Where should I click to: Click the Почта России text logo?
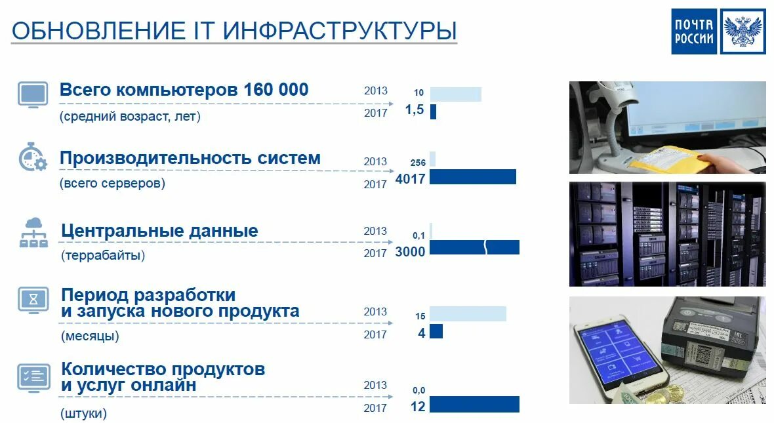[694, 31]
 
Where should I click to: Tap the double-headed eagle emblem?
[743, 31]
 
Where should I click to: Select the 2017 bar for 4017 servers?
[472, 177]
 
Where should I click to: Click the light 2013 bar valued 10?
[455, 94]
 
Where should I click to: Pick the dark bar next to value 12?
[474, 405]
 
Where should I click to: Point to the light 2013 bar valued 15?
[468, 313]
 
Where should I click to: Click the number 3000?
[410, 252]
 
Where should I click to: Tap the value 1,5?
[415, 110]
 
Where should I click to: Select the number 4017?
[411, 178]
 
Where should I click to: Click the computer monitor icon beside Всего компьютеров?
[32, 94]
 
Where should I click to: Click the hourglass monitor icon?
[33, 299]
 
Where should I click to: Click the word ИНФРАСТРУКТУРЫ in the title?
[340, 31]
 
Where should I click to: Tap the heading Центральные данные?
[159, 231]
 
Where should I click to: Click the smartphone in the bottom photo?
[619, 354]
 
